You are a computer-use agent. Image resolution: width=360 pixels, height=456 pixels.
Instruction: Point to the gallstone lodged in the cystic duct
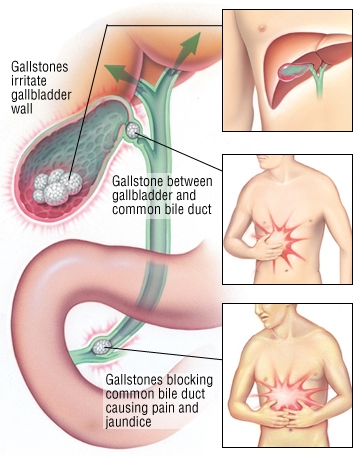134,130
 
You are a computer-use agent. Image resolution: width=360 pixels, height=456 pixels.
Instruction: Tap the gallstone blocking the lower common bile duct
102,346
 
